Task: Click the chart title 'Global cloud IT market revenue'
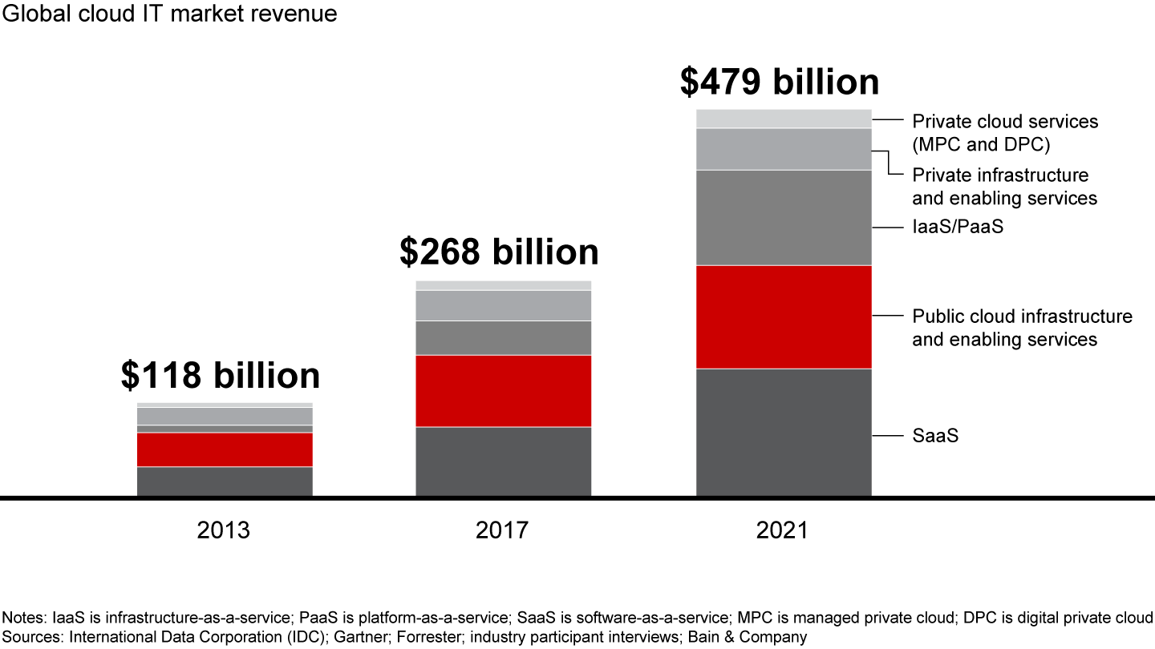click(170, 14)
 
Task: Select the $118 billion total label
click(221, 376)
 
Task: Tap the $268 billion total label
click(499, 252)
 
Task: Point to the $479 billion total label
click(780, 82)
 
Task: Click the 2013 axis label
click(224, 530)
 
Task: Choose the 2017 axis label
click(502, 530)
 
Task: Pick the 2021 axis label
click(783, 530)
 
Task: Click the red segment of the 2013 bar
click(225, 449)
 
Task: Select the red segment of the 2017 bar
click(503, 391)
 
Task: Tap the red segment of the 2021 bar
click(784, 316)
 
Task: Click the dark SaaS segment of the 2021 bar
click(784, 432)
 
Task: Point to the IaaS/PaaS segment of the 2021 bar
click(784, 217)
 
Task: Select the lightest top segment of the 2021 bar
click(784, 119)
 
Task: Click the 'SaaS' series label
click(935, 437)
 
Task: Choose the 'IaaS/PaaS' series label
click(958, 228)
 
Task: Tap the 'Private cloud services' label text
click(1005, 122)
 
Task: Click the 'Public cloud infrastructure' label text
click(1022, 316)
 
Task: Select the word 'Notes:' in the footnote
click(26, 618)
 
